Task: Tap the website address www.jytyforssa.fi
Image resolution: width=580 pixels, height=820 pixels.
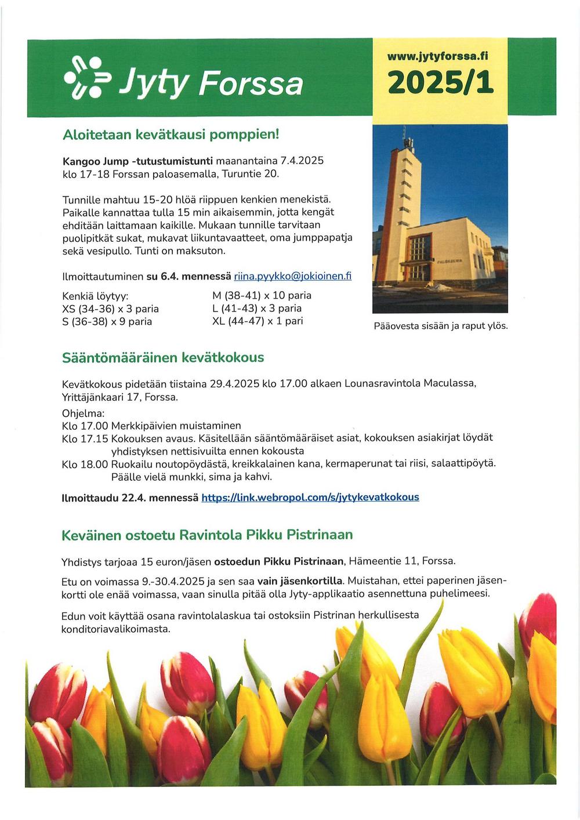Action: pos(439,56)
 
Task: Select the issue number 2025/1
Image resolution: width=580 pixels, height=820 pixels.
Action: pos(440,82)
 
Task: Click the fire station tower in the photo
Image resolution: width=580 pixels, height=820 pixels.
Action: pos(405,191)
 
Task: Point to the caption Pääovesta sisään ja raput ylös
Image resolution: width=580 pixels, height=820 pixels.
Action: pos(441,326)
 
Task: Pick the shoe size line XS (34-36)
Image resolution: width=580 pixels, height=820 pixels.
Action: pos(110,309)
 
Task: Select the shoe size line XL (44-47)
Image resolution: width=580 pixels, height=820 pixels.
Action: pos(258,321)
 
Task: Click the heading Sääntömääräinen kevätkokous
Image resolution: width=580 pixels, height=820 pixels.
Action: pos(163,358)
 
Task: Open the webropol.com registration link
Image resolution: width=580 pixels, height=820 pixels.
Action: pos(310,497)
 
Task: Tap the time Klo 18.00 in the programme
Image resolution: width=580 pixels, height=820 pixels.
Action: pos(85,464)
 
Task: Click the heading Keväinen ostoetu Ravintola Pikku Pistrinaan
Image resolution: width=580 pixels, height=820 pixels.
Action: pos(207,535)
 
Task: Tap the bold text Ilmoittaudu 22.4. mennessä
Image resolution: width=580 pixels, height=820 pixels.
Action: pos(130,498)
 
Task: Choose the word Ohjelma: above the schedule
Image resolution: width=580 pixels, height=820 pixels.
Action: pos(83,413)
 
